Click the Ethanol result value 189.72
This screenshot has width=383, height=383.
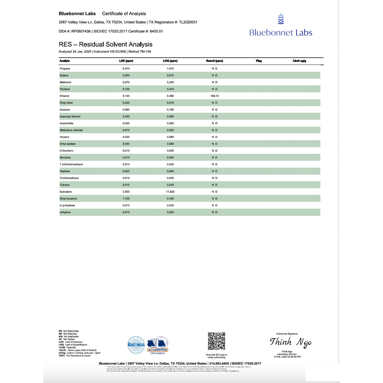coord(214,96)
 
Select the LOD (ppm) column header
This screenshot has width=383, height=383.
coord(126,61)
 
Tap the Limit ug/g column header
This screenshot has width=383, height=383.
coord(299,61)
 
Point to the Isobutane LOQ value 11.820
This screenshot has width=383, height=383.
coord(170,192)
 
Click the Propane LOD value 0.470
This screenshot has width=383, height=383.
coord(126,69)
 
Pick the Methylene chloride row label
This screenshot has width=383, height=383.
coord(71,130)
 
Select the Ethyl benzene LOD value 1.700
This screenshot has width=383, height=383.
coord(126,199)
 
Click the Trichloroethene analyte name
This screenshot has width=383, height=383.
coord(69,178)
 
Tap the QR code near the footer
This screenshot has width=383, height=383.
coord(216,341)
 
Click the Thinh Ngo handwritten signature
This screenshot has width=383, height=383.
coord(290,342)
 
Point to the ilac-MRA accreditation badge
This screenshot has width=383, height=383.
coord(136,345)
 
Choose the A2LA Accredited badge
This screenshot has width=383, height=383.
coord(158,345)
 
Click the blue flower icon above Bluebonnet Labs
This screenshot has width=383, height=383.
coord(281,19)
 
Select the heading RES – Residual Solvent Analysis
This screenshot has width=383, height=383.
coord(105,44)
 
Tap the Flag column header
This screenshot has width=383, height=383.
coord(259,61)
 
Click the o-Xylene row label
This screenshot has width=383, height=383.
coord(65,212)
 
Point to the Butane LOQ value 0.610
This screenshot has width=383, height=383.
coord(170,76)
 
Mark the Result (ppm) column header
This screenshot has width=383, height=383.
coord(214,61)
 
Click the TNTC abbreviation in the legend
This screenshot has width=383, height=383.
coord(62,356)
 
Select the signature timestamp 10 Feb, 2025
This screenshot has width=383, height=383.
coord(287,357)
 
